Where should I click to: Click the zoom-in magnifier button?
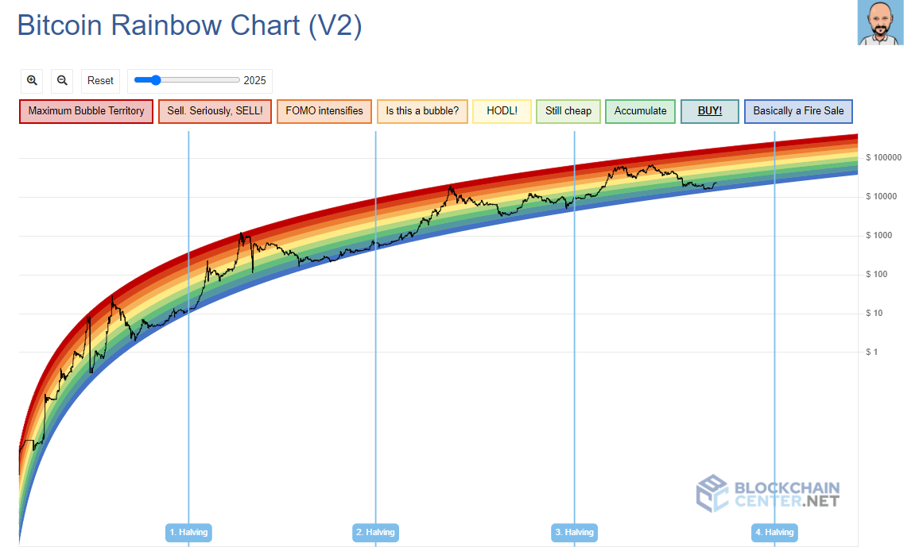[x=33, y=80]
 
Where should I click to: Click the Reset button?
[x=100, y=80]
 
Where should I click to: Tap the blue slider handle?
[x=156, y=79]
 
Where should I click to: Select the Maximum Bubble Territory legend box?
[x=86, y=111]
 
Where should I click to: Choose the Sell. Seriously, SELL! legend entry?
[x=215, y=111]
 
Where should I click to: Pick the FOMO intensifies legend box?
[x=324, y=111]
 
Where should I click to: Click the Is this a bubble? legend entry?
[x=422, y=111]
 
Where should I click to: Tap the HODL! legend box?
[x=502, y=111]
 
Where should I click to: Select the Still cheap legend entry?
[x=568, y=111]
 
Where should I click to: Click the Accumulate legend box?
[x=640, y=111]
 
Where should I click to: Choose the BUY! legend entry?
[x=710, y=111]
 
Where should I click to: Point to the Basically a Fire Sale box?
[x=798, y=111]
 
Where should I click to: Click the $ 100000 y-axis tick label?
[x=884, y=157]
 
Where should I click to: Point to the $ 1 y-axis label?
[x=872, y=352]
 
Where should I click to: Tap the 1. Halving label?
[x=188, y=532]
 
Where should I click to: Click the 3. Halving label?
[x=574, y=532]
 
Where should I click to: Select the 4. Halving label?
[x=774, y=532]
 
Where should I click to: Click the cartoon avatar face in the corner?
[x=880, y=23]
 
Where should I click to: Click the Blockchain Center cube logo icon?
[x=712, y=493]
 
